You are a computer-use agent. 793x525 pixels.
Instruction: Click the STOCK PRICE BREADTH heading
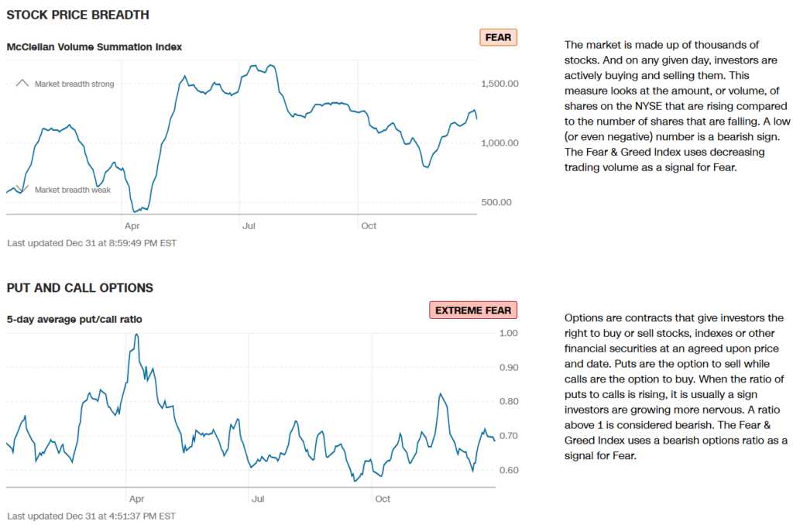pyautogui.click(x=77, y=15)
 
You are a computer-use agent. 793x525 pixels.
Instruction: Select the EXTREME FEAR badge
pyautogui.click(x=472, y=311)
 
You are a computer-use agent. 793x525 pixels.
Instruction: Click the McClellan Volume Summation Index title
pyautogui.click(x=94, y=46)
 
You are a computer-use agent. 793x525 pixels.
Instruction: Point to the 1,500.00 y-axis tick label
pyautogui.click(x=501, y=84)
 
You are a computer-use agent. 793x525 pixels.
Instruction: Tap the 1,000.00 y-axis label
pyautogui.click(x=501, y=143)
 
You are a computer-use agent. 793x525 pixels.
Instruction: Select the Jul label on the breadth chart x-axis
pyautogui.click(x=249, y=225)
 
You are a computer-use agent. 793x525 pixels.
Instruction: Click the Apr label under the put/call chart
pyautogui.click(x=135, y=499)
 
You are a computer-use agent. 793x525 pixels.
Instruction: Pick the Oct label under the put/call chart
pyautogui.click(x=383, y=499)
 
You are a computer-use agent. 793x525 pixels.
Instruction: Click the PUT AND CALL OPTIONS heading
pyautogui.click(x=80, y=288)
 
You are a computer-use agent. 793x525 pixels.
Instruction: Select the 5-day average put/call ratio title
pyautogui.click(x=74, y=319)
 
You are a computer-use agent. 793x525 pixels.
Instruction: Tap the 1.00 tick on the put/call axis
pyautogui.click(x=508, y=333)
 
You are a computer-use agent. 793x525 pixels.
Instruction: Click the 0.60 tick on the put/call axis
pyautogui.click(x=508, y=470)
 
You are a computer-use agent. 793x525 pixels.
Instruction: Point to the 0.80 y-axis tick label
pyautogui.click(x=508, y=401)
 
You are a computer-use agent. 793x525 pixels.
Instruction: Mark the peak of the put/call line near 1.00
pyautogui.click(x=137, y=335)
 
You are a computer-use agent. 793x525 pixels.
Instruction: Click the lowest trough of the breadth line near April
pyautogui.click(x=136, y=211)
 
